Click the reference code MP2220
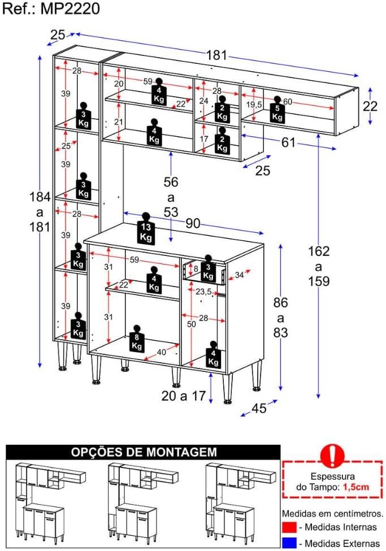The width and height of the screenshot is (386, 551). click(70, 8)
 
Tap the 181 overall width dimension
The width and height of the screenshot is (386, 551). click(216, 55)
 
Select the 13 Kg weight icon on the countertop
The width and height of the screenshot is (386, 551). click(146, 228)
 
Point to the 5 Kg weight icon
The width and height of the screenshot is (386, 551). click(277, 109)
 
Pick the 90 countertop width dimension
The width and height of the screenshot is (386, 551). click(193, 223)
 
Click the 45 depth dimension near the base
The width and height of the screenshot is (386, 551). click(259, 408)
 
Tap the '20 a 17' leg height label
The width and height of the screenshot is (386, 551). click(184, 396)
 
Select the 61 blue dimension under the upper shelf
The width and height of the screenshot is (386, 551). click(288, 142)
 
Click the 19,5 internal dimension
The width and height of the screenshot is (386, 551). click(254, 105)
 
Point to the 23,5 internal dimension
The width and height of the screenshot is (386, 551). click(203, 292)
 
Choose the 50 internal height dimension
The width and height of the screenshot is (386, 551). click(191, 324)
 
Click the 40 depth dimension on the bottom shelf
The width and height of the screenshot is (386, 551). click(162, 352)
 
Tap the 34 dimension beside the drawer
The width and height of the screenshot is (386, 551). click(240, 275)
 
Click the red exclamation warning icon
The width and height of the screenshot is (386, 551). click(332, 455)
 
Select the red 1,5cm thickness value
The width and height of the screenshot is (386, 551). click(356, 487)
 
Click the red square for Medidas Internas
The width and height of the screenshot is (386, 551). click(289, 527)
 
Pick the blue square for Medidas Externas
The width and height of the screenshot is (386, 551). click(289, 543)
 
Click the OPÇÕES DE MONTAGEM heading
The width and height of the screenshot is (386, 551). click(144, 452)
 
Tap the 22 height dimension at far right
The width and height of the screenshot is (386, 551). click(370, 106)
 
